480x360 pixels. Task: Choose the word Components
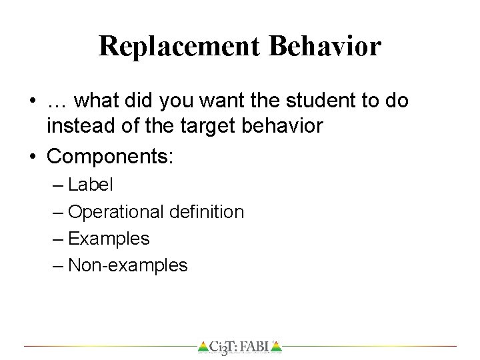tap(109, 157)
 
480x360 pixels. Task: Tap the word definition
tap(206, 212)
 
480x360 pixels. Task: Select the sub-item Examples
tap(109, 238)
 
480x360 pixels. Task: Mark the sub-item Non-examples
tap(128, 265)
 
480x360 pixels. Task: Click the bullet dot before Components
tap(33, 157)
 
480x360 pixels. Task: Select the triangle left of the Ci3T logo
tap(203, 347)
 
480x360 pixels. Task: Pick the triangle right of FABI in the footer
tap(277, 347)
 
